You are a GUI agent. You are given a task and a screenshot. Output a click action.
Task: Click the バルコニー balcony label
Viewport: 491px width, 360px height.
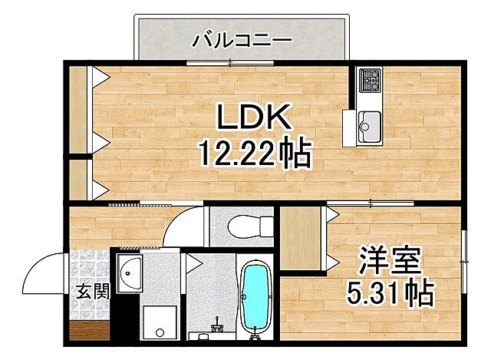pos(240,38)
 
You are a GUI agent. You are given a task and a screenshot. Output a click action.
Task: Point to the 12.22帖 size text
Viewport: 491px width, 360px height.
pos(254,155)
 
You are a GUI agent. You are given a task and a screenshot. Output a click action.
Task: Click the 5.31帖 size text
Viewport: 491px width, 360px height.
pos(390,293)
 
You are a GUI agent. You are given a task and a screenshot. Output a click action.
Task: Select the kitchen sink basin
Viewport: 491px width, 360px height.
pos(370,123)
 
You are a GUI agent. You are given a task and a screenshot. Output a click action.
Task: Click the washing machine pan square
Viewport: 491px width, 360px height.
pos(160,320)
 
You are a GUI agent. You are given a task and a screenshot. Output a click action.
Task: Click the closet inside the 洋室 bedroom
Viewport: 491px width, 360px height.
pos(302,239)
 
